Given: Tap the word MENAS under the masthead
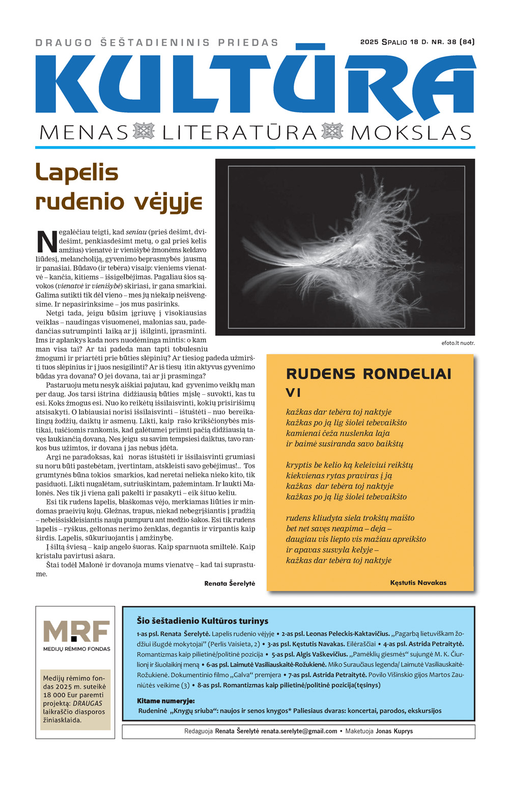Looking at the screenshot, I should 83,133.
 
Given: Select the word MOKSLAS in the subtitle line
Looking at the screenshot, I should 411,133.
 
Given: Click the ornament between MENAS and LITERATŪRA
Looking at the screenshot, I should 144,131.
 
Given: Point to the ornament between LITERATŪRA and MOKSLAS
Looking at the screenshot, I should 332,131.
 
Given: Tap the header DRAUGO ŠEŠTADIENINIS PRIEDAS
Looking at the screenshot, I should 157,43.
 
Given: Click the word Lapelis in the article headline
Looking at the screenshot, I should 77,172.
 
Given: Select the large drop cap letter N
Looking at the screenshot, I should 46,242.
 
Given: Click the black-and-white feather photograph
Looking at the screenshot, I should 345,247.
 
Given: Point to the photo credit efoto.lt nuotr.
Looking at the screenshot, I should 458,343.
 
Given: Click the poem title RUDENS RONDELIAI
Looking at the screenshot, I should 369,374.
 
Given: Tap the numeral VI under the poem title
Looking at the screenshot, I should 294,393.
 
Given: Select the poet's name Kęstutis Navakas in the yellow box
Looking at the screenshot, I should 418,583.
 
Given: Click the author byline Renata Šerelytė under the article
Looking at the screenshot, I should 230,583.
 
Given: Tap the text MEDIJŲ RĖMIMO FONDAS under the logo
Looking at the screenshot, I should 76,649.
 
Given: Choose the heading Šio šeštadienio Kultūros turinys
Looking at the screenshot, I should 202,621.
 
